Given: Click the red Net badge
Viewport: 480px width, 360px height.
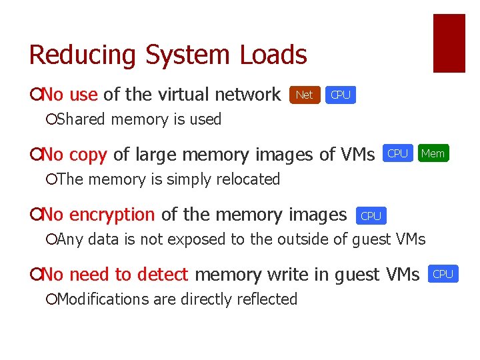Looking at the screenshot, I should [304, 95].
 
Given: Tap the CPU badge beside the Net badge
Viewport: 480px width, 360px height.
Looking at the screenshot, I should [341, 95].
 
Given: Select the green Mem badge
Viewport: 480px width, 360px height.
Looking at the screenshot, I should [433, 154].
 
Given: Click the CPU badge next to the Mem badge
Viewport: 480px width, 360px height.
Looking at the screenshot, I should [398, 154].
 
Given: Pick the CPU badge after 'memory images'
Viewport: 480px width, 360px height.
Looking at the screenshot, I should [371, 216].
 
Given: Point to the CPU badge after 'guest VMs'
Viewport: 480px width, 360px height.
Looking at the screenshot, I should [443, 274].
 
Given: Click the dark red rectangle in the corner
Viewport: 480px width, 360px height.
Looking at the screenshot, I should [449, 43].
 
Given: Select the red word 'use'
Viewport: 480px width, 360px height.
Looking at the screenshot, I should [83, 95].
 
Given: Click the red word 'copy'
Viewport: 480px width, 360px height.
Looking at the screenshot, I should [88, 155].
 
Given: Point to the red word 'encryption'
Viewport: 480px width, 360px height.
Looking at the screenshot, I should [112, 215].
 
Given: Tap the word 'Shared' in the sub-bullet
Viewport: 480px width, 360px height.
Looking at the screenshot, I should [83, 120].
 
